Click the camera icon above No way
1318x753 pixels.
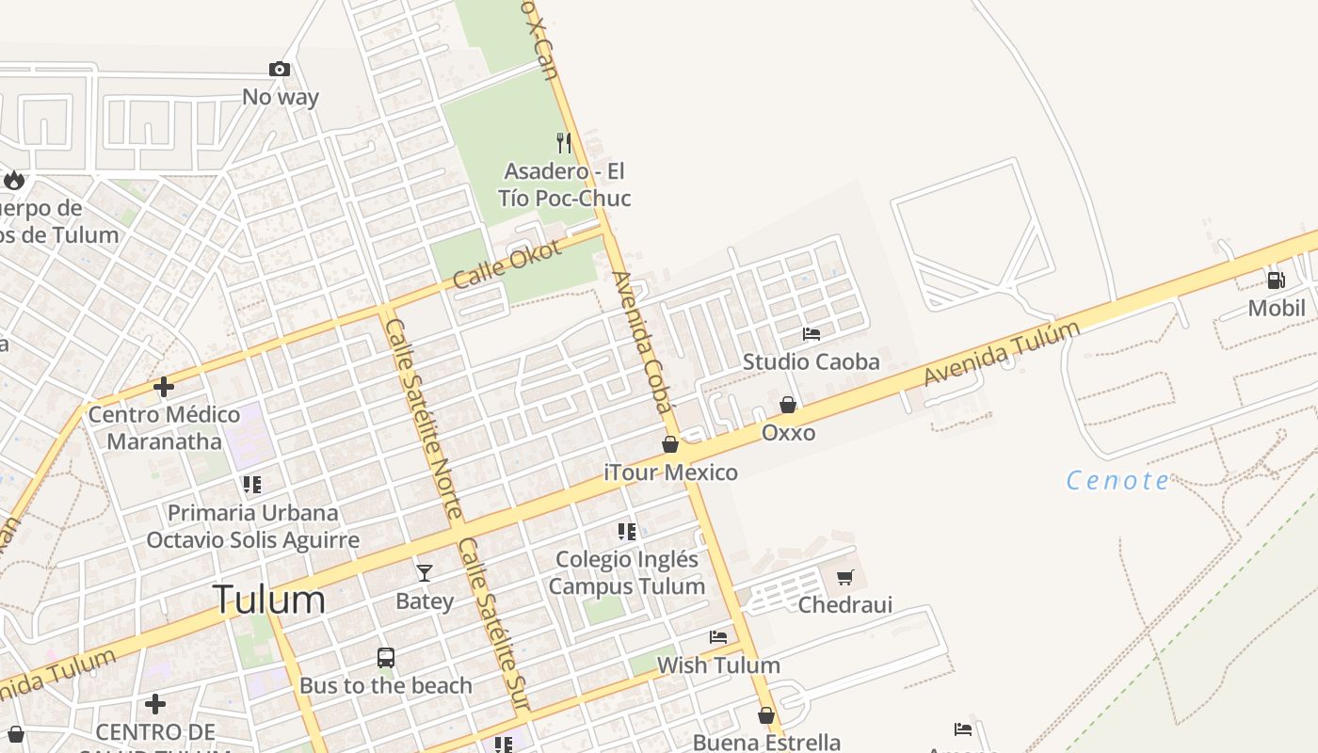[x=279, y=69]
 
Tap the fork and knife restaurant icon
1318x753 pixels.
[x=564, y=143]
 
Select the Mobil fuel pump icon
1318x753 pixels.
[x=1277, y=280]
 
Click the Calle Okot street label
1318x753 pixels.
[x=506, y=264]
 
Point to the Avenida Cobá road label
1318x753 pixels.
[x=644, y=343]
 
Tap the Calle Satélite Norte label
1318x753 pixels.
[x=423, y=418]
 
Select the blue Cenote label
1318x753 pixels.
[x=1117, y=481]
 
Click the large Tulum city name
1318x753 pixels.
[x=269, y=600]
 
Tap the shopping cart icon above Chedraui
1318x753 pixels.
[x=845, y=577]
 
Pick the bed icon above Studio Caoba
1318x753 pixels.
[x=812, y=334]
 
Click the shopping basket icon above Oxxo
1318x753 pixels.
[x=788, y=405]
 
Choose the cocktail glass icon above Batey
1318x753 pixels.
[x=425, y=572]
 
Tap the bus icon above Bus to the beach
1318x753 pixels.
[x=386, y=658]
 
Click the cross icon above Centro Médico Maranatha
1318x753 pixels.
[x=164, y=387]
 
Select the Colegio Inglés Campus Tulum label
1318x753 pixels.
[x=627, y=572]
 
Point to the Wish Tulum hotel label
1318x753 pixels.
[x=718, y=665]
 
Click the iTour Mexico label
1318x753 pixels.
[x=670, y=472]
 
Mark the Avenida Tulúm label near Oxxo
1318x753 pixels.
[x=1001, y=354]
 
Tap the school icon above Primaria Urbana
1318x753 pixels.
[x=251, y=485]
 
